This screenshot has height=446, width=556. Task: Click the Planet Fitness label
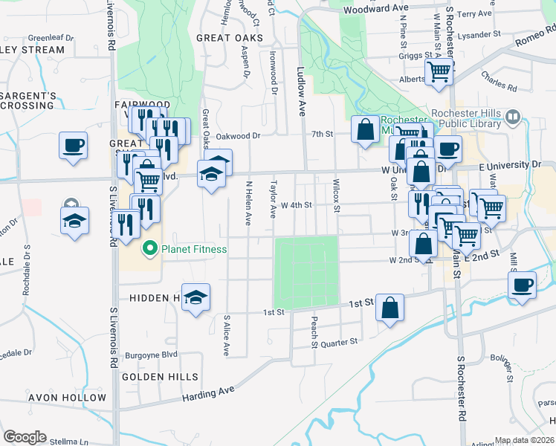(x=195, y=249)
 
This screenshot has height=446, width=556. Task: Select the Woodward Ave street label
(x=376, y=8)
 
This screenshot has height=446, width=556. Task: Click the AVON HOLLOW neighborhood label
(x=67, y=398)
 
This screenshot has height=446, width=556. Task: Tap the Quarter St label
(x=339, y=342)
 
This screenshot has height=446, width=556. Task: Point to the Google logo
(x=25, y=437)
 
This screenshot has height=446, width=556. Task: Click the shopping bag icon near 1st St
(x=390, y=308)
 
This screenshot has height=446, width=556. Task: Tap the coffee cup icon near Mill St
(x=523, y=285)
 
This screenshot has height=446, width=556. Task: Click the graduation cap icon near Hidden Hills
(x=195, y=297)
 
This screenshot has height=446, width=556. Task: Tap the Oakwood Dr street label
(x=245, y=136)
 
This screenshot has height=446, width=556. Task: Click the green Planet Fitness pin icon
(x=149, y=249)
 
